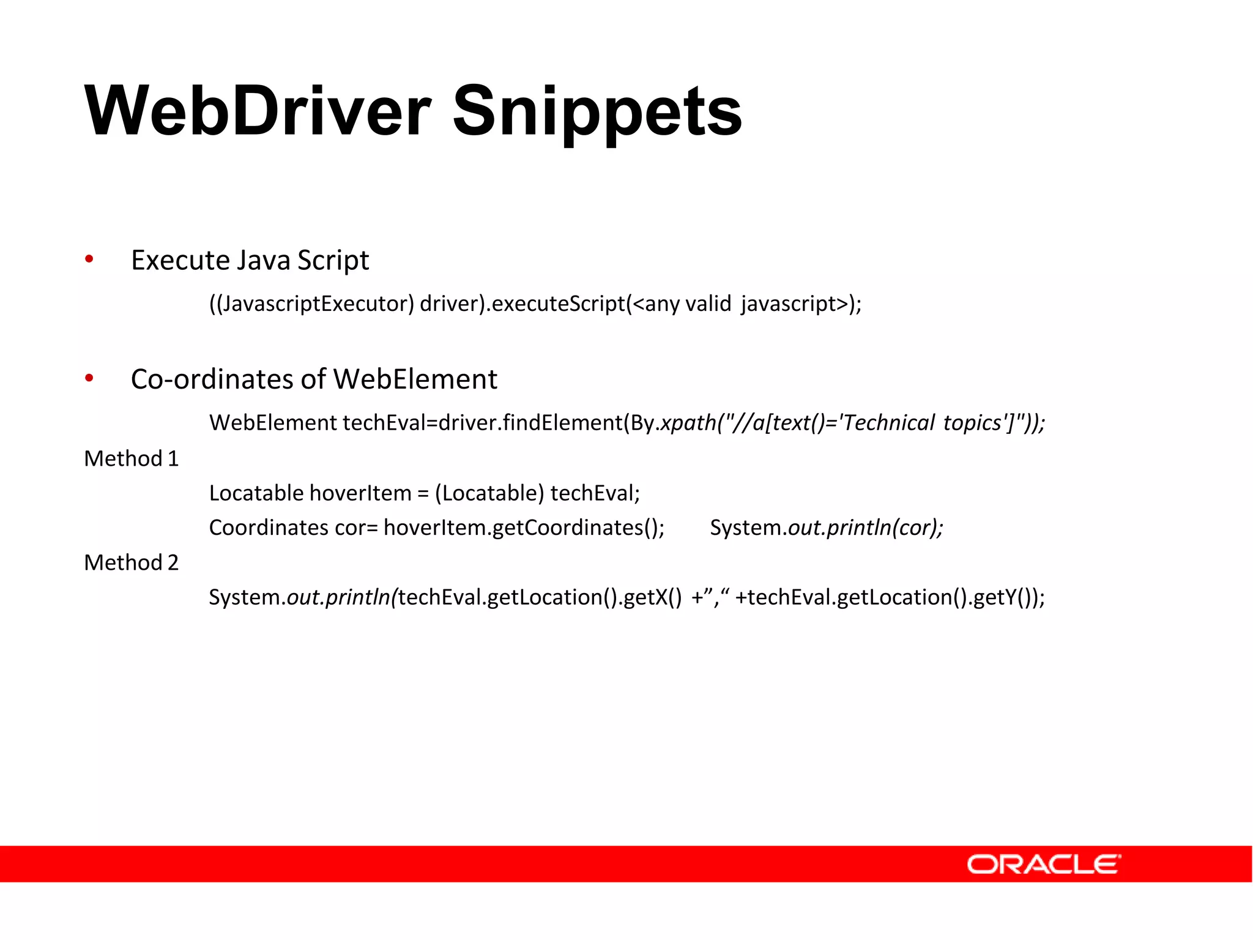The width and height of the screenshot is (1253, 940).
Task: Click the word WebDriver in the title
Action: pos(257,111)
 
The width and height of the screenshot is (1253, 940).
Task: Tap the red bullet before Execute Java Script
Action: pos(89,259)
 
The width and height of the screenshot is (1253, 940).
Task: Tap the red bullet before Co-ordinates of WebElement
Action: pos(89,378)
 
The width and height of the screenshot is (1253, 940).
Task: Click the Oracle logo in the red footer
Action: pos(1043,864)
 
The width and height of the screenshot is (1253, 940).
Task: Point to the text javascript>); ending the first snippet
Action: pos(801,304)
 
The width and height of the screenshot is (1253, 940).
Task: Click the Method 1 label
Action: pos(131,459)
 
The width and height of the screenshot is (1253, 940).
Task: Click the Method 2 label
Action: pos(131,563)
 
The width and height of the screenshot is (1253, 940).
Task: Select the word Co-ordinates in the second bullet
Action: pos(212,379)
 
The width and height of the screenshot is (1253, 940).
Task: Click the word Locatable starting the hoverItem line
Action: pos(256,493)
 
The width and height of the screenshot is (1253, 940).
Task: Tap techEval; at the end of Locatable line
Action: pos(595,493)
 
